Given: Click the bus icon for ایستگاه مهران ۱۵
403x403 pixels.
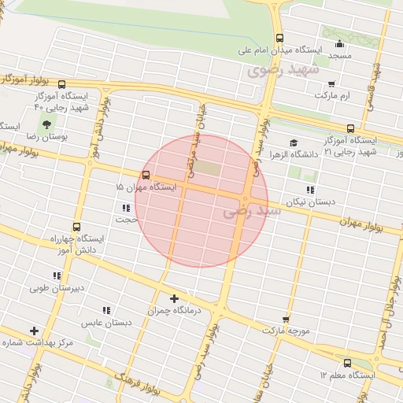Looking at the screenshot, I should (146, 176).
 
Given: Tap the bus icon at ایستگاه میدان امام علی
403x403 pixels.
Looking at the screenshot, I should (279, 38).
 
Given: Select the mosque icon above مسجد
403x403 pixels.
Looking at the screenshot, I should (339, 44).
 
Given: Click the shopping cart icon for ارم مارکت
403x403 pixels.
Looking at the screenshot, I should (331, 83).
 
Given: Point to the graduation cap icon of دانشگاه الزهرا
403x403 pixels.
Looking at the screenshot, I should (294, 142).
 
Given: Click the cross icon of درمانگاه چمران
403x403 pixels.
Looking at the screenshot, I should (174, 298).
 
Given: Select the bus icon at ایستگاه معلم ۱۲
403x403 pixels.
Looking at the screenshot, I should (348, 363).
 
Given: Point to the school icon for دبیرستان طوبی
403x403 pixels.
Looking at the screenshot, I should (56, 275).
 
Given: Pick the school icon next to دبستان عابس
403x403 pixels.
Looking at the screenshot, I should (106, 310).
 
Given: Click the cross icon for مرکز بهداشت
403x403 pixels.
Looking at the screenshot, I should (33, 331).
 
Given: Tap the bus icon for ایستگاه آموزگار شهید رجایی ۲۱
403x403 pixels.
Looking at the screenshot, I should (350, 128).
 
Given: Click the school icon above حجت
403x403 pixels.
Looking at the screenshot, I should (126, 208).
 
